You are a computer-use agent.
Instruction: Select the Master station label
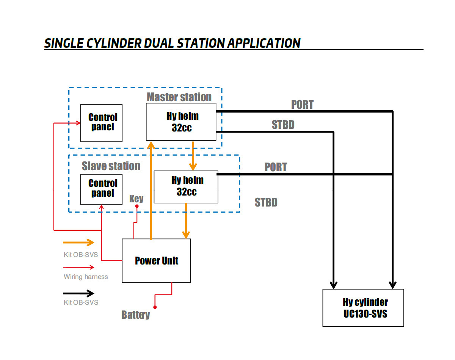click(x=179, y=97)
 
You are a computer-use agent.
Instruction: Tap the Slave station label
click(x=111, y=166)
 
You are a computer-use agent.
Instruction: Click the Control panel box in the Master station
click(x=102, y=123)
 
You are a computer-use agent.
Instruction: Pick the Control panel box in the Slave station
click(x=102, y=189)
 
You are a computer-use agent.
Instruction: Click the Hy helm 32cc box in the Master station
click(x=181, y=122)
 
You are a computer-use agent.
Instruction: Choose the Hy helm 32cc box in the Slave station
click(x=186, y=186)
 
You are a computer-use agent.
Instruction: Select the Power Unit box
click(x=156, y=260)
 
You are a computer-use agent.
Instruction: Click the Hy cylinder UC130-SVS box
click(x=363, y=308)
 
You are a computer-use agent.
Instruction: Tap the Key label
click(x=136, y=199)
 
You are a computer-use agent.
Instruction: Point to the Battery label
click(x=135, y=315)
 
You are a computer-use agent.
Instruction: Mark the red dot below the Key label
click(x=137, y=207)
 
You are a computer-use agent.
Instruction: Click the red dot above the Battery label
click(x=155, y=307)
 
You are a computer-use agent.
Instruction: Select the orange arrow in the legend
click(x=78, y=243)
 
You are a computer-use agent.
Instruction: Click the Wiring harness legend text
click(x=86, y=277)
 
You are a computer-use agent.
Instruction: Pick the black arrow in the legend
click(x=78, y=293)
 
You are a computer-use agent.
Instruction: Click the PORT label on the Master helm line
click(x=302, y=105)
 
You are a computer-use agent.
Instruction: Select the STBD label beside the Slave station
click(x=266, y=202)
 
